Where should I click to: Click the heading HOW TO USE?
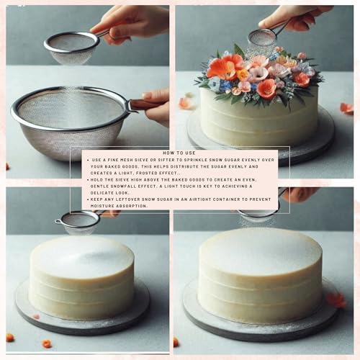[179, 153]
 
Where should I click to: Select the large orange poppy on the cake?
[225, 67]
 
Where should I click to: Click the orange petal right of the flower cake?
[347, 109]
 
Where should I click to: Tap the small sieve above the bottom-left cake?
[78, 222]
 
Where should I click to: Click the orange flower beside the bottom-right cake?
[336, 300]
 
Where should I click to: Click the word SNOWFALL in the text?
[125, 186]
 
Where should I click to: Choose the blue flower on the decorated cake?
[225, 85]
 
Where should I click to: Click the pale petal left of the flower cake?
[186, 104]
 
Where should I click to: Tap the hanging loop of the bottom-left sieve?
[58, 222]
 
